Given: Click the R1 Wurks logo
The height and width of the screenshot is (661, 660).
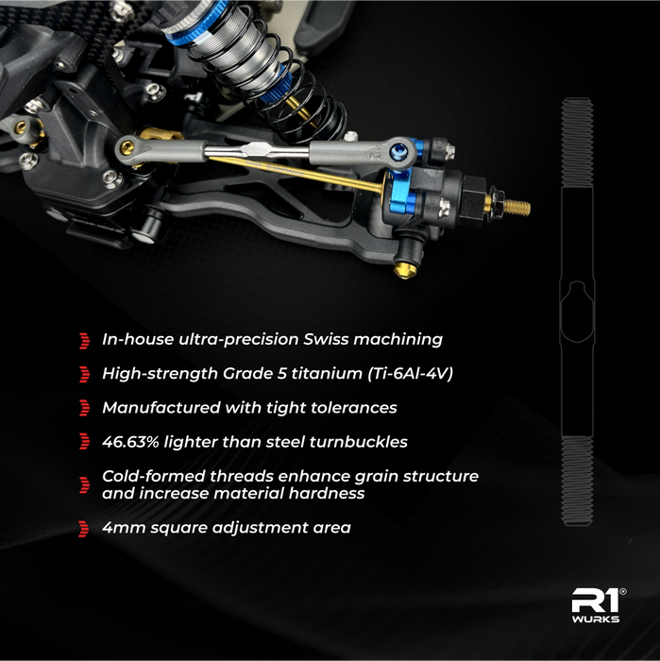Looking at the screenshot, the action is tap(598, 605).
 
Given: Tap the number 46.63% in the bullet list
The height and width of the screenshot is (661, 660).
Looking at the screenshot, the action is tap(130, 442).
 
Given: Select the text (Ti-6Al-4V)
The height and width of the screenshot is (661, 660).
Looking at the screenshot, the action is tap(411, 374).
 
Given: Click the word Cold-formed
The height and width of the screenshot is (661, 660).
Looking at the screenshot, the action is tap(153, 476).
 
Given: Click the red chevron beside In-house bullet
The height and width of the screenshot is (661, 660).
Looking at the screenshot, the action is tap(84, 341).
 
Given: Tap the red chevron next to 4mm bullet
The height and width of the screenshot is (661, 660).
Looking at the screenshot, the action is tap(83, 529).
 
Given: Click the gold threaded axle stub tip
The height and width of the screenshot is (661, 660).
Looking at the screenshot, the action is tap(517, 207).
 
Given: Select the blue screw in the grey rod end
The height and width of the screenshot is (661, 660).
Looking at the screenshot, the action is tap(398, 150).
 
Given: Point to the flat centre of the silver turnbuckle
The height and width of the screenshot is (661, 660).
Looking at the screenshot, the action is tap(257, 148).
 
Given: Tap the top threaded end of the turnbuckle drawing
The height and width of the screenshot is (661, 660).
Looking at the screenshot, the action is tap(577, 143).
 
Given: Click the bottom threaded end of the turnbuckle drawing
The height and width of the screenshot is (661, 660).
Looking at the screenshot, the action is tap(577, 481).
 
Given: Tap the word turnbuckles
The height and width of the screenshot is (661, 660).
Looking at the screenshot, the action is tap(358, 442).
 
